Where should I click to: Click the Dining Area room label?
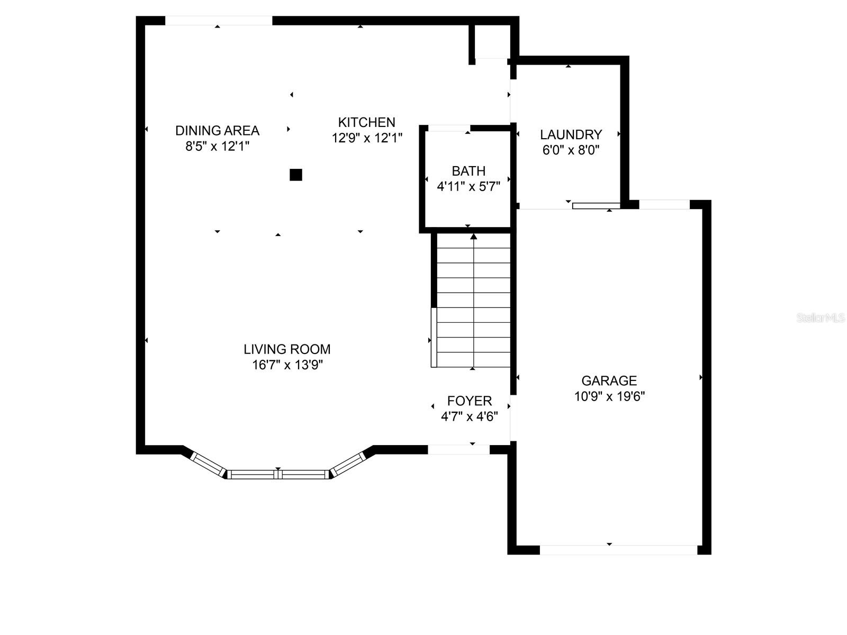tap(217, 131)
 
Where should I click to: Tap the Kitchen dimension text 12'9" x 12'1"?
tap(367, 138)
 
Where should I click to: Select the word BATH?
tap(468, 171)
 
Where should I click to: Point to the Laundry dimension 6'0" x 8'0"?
tap(571, 150)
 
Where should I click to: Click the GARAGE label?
tap(609, 381)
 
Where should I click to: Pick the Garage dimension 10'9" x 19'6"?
tap(609, 396)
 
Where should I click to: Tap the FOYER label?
tap(469, 401)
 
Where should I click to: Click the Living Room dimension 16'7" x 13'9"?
tap(287, 365)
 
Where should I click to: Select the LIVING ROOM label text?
tap(287, 349)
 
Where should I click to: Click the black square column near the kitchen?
tap(295, 175)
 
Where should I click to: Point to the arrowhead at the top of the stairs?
tap(473, 237)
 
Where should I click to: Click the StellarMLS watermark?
tap(821, 318)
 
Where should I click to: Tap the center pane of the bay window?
tap(278, 474)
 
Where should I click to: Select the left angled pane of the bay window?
tap(209, 465)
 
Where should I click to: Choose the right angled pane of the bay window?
tap(348, 464)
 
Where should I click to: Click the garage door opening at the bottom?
tap(618, 550)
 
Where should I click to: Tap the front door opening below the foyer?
tap(458, 449)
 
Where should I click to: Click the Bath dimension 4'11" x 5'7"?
tap(468, 187)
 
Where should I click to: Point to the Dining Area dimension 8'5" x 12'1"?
tap(217, 147)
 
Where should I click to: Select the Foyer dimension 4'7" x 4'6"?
tap(469, 417)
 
